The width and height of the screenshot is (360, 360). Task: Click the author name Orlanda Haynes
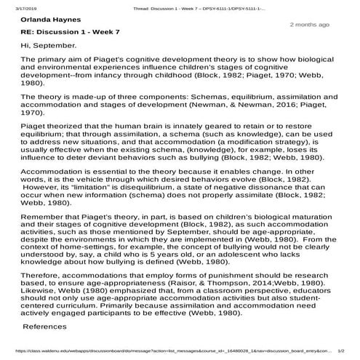tap(47, 20)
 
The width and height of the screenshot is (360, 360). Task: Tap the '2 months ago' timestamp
tap(310, 25)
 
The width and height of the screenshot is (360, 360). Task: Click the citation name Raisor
tap(245, 277)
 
